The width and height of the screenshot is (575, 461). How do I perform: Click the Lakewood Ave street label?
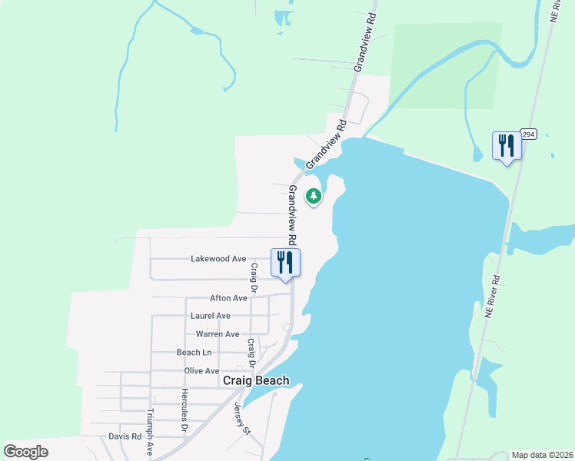[x=218, y=259]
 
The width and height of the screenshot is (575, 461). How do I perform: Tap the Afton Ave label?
[x=228, y=298]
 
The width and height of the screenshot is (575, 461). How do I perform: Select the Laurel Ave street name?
[x=211, y=316]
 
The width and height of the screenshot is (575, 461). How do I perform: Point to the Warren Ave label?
[x=218, y=334]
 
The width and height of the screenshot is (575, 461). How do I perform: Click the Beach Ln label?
[x=194, y=352]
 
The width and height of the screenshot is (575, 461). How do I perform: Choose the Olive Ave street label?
[x=201, y=370]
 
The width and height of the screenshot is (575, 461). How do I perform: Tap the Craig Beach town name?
[x=256, y=380]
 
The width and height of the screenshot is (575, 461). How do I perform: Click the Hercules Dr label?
[x=184, y=411]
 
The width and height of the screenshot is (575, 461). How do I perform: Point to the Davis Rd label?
[x=125, y=436]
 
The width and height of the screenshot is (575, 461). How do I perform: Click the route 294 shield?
[x=527, y=134]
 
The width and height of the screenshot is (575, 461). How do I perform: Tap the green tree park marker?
[x=314, y=197]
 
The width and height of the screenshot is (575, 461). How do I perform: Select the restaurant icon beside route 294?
[x=507, y=145]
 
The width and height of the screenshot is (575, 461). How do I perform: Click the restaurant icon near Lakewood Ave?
[x=285, y=263]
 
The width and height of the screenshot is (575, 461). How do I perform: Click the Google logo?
[x=25, y=452]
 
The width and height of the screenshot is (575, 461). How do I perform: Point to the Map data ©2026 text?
[x=541, y=455]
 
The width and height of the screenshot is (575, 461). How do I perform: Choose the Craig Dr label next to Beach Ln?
[x=250, y=354]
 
